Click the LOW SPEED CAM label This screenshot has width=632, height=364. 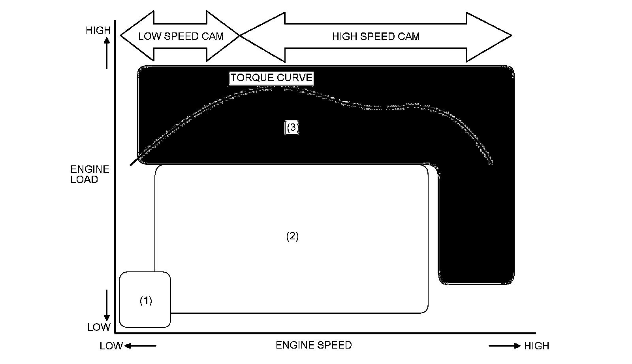181,36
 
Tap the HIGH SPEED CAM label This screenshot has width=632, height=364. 376,36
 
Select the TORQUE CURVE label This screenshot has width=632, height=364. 271,78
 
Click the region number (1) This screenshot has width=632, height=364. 146,301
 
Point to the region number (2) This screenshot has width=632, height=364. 292,236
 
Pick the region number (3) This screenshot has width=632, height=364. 292,127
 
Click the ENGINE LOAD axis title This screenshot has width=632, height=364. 90,174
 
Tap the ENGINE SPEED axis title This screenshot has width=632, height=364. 314,345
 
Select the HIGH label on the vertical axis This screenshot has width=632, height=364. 98,30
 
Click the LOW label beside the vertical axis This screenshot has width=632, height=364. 99,327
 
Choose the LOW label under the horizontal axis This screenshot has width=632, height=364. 111,346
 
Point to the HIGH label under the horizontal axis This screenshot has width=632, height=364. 536,346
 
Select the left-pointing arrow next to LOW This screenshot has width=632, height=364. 141,346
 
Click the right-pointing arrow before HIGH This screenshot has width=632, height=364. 505,346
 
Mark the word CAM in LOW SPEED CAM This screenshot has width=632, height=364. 213,36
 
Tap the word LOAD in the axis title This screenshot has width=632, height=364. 84,180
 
